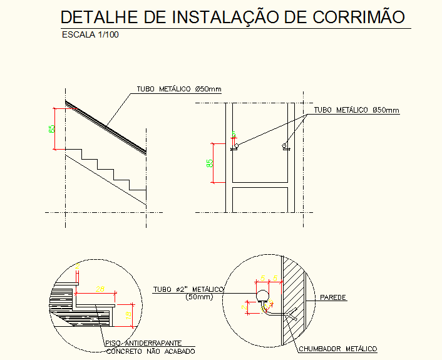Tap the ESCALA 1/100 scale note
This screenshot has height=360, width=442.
pyautogui.click(x=90, y=35)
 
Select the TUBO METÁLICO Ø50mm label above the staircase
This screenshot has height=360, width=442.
pyautogui.click(x=179, y=90)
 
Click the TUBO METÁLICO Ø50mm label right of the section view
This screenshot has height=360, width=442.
pyautogui.click(x=356, y=110)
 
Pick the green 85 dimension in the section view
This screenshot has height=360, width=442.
pyautogui.click(x=210, y=163)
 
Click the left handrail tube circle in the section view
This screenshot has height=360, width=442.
pyautogui.click(x=236, y=145)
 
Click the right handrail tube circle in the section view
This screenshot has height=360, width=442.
pyautogui.click(x=285, y=146)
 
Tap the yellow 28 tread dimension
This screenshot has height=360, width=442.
pyautogui.click(x=99, y=289)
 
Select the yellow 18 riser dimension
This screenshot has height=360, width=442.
pyautogui.click(x=128, y=317)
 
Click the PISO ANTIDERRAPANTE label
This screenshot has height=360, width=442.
pyautogui.click(x=143, y=343)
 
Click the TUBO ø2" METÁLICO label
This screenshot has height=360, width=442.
pyautogui.click(x=188, y=289)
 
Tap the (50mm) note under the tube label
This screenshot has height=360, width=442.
pyautogui.click(x=200, y=297)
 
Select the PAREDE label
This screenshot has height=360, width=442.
pyautogui.click(x=333, y=297)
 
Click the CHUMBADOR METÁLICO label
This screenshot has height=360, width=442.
pyautogui.click(x=337, y=349)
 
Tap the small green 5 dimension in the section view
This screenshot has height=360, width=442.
pyautogui.click(x=234, y=134)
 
